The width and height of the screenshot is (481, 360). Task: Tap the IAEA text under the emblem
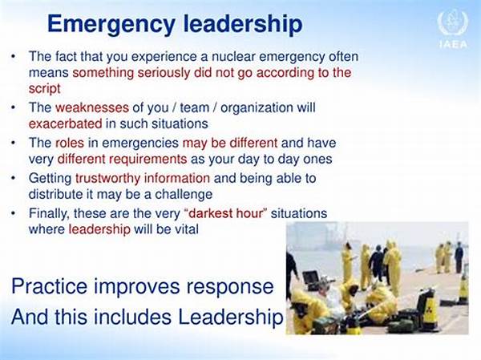[453, 44]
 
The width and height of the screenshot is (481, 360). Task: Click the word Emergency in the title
[111, 25]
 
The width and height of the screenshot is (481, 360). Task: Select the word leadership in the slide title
[243, 25]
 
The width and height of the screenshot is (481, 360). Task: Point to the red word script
[44, 89]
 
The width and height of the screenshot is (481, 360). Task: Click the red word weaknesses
[92, 107]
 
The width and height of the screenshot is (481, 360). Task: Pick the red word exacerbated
[66, 123]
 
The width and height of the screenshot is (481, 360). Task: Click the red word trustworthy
[107, 178]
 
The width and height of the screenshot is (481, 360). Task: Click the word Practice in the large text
[50, 286]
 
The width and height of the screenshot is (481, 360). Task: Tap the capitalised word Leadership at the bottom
[230, 317]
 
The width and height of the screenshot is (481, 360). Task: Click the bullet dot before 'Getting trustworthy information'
[13, 178]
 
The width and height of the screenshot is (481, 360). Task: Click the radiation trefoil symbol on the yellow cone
[429, 305]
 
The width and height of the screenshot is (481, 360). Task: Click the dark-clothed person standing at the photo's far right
[459, 257]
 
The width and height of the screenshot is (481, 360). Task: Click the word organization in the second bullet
[257, 107]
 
